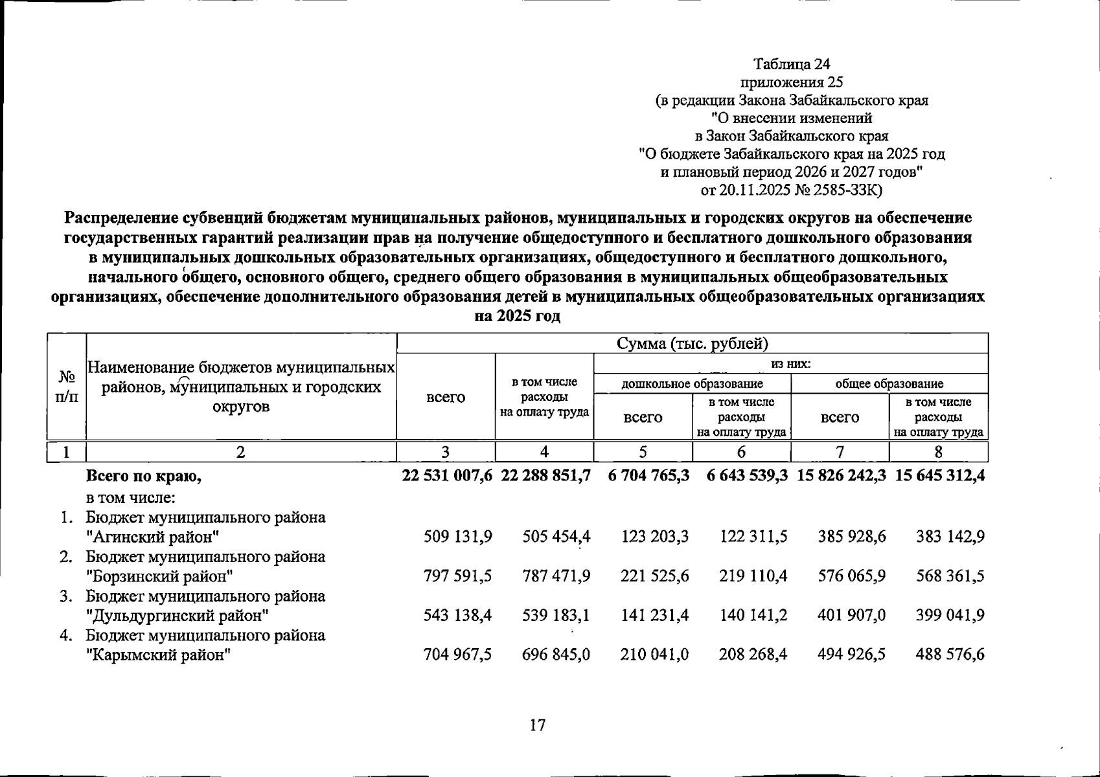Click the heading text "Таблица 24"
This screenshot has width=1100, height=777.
[x=792, y=64]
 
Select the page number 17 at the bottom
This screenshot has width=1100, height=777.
[x=538, y=725]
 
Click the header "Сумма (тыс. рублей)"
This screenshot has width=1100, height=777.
[x=692, y=343]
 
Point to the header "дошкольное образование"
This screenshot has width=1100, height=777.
[x=692, y=384]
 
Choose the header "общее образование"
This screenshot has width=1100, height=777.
[x=889, y=384]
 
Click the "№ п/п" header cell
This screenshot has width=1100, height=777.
[x=67, y=387]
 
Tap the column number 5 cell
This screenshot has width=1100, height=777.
[x=642, y=452]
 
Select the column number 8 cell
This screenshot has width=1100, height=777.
[x=938, y=452]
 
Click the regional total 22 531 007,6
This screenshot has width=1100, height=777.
[x=446, y=476]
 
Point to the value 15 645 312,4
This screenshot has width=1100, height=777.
[x=939, y=476]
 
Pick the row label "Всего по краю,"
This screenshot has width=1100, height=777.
[x=144, y=477]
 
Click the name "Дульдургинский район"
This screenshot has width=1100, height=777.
[x=178, y=615]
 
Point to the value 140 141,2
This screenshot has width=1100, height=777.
[x=753, y=615]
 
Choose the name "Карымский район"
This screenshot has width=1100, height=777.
[x=159, y=655]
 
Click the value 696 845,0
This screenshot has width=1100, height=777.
[x=556, y=655]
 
